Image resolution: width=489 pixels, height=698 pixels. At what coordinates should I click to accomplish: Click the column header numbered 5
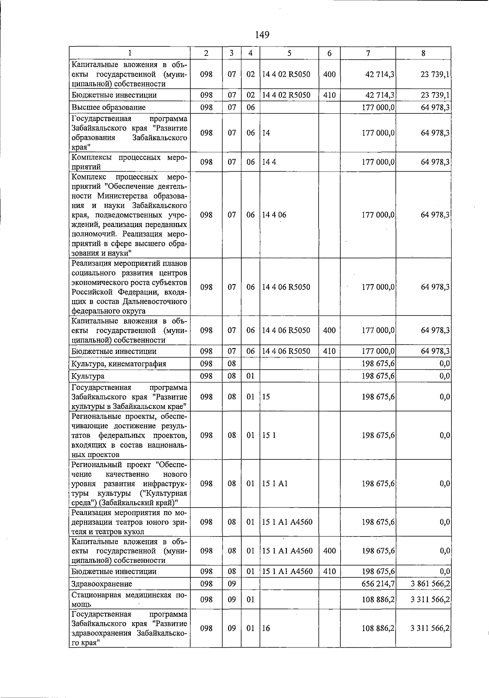click(289, 53)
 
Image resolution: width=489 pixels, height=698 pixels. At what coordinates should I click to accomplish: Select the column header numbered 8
click(423, 53)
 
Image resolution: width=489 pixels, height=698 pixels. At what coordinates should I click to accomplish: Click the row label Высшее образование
click(108, 107)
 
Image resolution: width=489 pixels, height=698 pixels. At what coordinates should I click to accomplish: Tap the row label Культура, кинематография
click(119, 364)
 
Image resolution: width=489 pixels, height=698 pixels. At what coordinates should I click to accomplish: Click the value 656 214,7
click(378, 584)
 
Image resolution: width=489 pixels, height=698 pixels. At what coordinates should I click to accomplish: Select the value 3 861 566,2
click(430, 584)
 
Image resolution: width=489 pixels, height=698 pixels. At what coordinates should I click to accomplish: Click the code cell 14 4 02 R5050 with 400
click(286, 74)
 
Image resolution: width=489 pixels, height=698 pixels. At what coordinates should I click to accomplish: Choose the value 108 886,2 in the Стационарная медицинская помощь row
click(378, 599)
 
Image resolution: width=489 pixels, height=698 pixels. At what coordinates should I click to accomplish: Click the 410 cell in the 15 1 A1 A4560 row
click(329, 572)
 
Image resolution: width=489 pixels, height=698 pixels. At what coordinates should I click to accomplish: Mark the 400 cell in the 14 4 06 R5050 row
click(329, 330)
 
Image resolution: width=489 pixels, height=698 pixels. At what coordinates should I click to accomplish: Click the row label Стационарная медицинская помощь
click(129, 599)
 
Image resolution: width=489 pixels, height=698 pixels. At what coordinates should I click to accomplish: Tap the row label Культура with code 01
click(88, 376)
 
